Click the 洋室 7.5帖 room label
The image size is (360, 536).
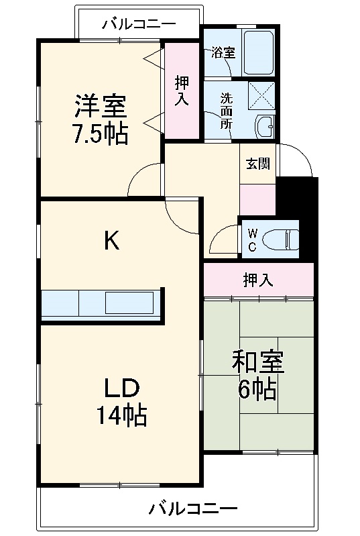(x=101, y=119)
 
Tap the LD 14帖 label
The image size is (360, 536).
(x=121, y=402)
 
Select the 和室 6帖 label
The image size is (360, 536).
(x=258, y=376)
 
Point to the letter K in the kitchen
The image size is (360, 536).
(x=111, y=241)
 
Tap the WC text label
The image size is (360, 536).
(x=253, y=239)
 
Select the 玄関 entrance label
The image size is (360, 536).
(x=257, y=164)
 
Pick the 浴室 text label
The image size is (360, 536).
(x=223, y=53)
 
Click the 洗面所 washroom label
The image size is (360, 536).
(x=227, y=111)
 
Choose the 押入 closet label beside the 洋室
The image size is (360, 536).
(x=181, y=91)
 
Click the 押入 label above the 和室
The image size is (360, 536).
(x=257, y=280)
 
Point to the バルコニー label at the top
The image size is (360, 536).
(x=139, y=25)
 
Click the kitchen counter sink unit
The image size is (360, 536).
(x=101, y=304)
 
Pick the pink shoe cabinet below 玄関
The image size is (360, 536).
(x=257, y=199)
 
